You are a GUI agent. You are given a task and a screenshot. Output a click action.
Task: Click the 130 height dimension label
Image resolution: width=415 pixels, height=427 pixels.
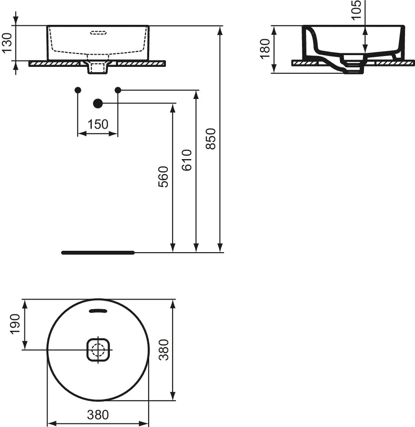(x=7, y=43)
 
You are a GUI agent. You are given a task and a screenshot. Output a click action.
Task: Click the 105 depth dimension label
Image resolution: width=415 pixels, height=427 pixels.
(x=356, y=10)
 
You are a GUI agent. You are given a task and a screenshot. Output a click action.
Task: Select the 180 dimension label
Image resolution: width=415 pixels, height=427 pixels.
(x=265, y=49)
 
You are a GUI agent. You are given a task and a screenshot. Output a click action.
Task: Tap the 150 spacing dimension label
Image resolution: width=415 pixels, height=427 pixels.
(x=98, y=124)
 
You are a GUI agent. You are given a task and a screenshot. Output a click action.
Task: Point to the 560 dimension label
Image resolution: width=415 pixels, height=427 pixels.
(x=163, y=177)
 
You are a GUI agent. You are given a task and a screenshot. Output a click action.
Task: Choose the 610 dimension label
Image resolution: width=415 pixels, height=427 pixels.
(x=187, y=160)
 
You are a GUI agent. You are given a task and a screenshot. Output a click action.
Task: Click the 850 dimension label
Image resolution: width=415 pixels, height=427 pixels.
(x=211, y=139)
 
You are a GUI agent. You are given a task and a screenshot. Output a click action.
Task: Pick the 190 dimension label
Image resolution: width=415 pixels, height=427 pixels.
(x=15, y=324)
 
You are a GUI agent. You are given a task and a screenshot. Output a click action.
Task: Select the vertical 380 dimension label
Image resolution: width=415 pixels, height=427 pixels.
(x=164, y=350)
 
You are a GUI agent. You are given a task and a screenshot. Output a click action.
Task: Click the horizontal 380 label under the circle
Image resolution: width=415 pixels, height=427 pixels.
(x=98, y=415)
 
